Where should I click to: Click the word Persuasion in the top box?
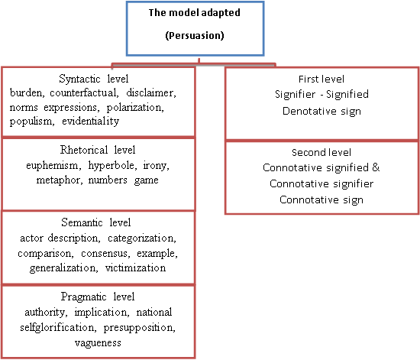[x=195, y=36]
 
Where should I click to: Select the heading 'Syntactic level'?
[x=94, y=79]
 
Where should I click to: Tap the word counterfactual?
[x=84, y=92]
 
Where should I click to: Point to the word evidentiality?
[x=91, y=122]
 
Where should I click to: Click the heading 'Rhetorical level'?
[x=98, y=150]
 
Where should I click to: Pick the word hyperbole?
[x=112, y=166]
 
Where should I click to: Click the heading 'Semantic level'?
[x=96, y=222]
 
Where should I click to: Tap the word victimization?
[x=135, y=268]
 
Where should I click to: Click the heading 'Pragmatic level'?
[x=98, y=297]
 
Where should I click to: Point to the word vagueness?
[x=98, y=343]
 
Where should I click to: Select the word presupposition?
[x=139, y=328]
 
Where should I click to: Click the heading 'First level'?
[x=321, y=79]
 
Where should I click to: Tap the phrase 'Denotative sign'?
[x=321, y=111]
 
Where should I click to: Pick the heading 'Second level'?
[x=321, y=153]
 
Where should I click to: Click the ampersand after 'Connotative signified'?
[x=376, y=167]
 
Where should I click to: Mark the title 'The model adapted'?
[x=195, y=12]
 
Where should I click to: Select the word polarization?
[x=135, y=108]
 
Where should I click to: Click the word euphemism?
[x=53, y=166]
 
